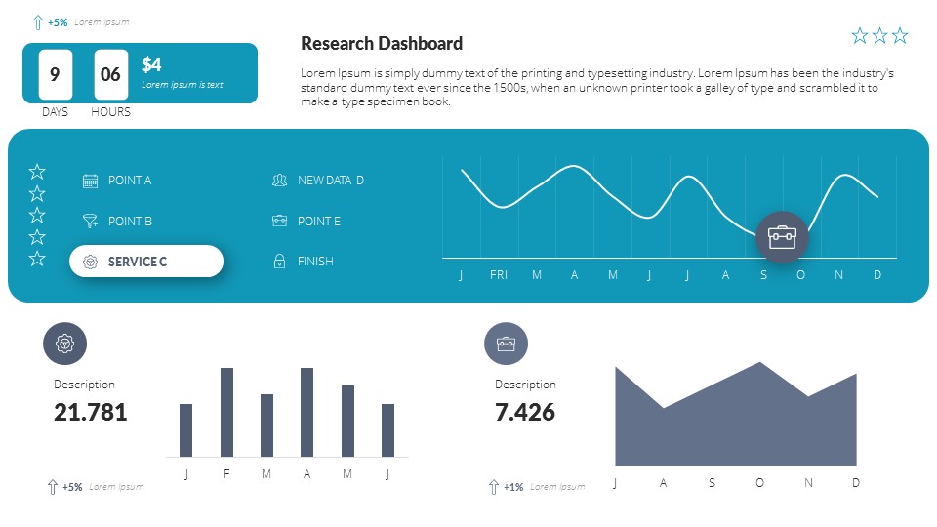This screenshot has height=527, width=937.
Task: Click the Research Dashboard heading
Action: pyautogui.click(x=382, y=43)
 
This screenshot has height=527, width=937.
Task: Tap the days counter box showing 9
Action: pyautogui.click(x=55, y=74)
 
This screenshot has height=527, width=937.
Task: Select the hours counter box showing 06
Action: pyautogui.click(x=110, y=74)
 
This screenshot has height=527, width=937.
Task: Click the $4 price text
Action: pyautogui.click(x=151, y=64)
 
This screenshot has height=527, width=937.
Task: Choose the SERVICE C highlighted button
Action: pyautogui.click(x=146, y=262)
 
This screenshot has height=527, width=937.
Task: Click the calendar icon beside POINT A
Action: pyautogui.click(x=90, y=181)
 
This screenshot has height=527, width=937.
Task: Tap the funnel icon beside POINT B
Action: pyautogui.click(x=90, y=222)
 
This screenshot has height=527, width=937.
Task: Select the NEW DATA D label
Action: pyautogui.click(x=331, y=181)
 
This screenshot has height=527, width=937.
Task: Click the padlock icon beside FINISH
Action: pyautogui.click(x=279, y=262)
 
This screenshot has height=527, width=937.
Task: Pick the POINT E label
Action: pyautogui.click(x=319, y=222)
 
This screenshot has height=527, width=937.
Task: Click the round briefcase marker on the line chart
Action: pyautogui.click(x=782, y=237)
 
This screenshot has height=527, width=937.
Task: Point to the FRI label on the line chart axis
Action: pyautogui.click(x=499, y=275)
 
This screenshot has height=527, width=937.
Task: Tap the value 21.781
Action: pyautogui.click(x=91, y=412)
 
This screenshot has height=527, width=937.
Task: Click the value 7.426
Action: pyautogui.click(x=525, y=412)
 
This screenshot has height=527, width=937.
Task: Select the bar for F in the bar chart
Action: pyautogui.click(x=226, y=412)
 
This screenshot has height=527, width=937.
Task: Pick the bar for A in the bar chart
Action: pyautogui.click(x=306, y=412)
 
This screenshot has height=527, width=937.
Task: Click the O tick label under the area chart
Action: pyautogui.click(x=759, y=483)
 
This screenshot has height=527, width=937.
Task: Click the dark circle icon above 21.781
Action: pyautogui.click(x=64, y=344)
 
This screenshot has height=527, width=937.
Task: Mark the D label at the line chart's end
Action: pyautogui.click(x=877, y=275)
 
